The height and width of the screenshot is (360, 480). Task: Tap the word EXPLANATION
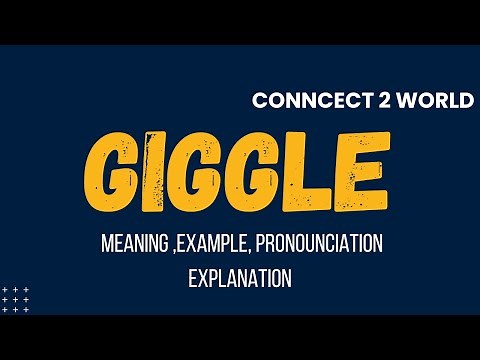click(x=240, y=278)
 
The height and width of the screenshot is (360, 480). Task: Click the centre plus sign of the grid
click(x=15, y=299)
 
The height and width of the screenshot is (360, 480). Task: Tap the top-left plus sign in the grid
click(x=5, y=289)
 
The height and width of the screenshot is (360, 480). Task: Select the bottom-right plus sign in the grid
click(x=26, y=309)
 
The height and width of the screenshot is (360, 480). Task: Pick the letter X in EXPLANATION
click(x=201, y=278)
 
